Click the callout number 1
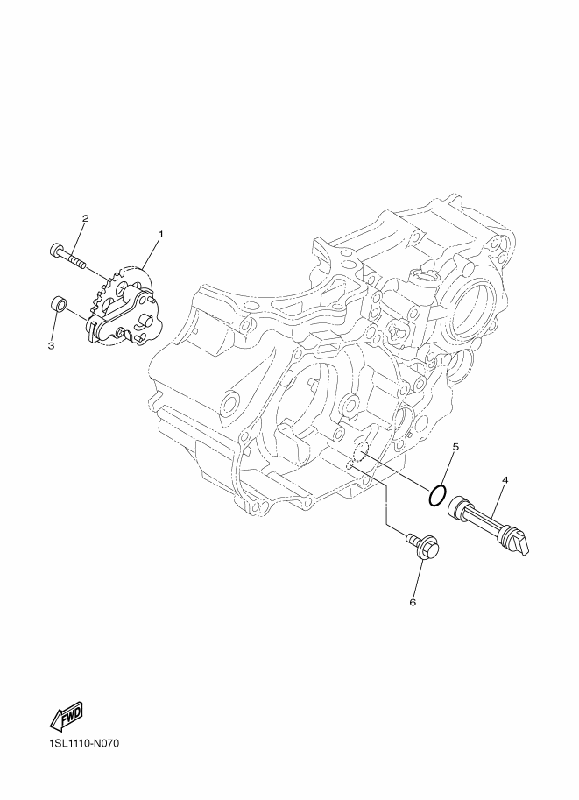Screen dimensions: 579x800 pyautogui.click(x=160, y=234)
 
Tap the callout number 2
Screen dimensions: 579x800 pyautogui.click(x=85, y=218)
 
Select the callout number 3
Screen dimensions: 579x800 pyautogui.click(x=51, y=346)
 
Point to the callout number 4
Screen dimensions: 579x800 pyautogui.click(x=505, y=480)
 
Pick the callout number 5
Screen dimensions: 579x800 pyautogui.click(x=455, y=446)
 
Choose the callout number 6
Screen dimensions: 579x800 pyautogui.click(x=413, y=603)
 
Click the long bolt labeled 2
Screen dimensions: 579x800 pyautogui.click(x=67, y=256)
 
